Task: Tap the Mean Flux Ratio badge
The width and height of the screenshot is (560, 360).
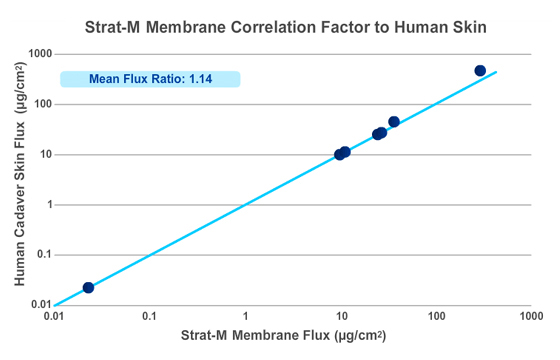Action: click(x=150, y=79)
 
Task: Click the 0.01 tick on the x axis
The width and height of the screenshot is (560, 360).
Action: click(x=55, y=318)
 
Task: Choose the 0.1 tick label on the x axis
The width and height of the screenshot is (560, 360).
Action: click(x=150, y=318)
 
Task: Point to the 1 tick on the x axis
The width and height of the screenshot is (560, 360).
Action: click(x=245, y=318)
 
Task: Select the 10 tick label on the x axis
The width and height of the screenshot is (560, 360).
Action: click(x=341, y=318)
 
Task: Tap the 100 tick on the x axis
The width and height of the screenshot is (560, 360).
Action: click(x=436, y=318)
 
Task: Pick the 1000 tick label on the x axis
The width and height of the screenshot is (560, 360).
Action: click(x=531, y=318)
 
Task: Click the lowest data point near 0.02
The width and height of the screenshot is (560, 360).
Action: click(x=88, y=287)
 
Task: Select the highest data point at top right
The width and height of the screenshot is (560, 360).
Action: click(x=480, y=71)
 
